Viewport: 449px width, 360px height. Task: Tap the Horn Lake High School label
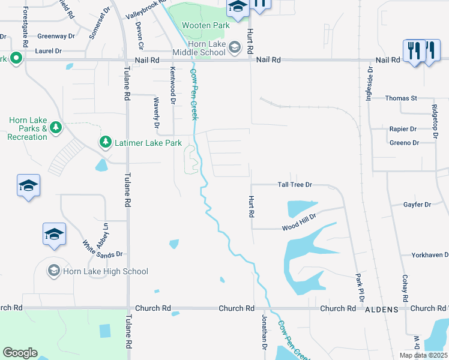pyautogui.click(x=106, y=271)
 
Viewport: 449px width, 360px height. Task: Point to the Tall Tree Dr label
pyautogui.click(x=295, y=185)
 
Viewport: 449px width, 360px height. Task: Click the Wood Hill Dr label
pyautogui.click(x=299, y=227)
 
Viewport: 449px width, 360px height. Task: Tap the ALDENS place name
pyautogui.click(x=382, y=309)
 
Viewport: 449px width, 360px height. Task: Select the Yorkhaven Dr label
pyautogui.click(x=430, y=255)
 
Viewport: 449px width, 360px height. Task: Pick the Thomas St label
pyautogui.click(x=401, y=98)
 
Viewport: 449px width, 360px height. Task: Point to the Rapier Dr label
pyautogui.click(x=403, y=129)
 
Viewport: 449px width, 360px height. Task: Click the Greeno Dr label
pyautogui.click(x=404, y=143)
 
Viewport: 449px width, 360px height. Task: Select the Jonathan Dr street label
pyautogui.click(x=264, y=333)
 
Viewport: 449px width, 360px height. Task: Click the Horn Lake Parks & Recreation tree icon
pyautogui.click(x=55, y=127)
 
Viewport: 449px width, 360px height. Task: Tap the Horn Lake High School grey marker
pyautogui.click(x=54, y=271)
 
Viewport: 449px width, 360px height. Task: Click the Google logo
pyautogui.click(x=20, y=353)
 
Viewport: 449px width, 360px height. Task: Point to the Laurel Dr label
pyautogui.click(x=49, y=52)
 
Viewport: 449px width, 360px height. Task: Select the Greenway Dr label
pyautogui.click(x=56, y=36)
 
